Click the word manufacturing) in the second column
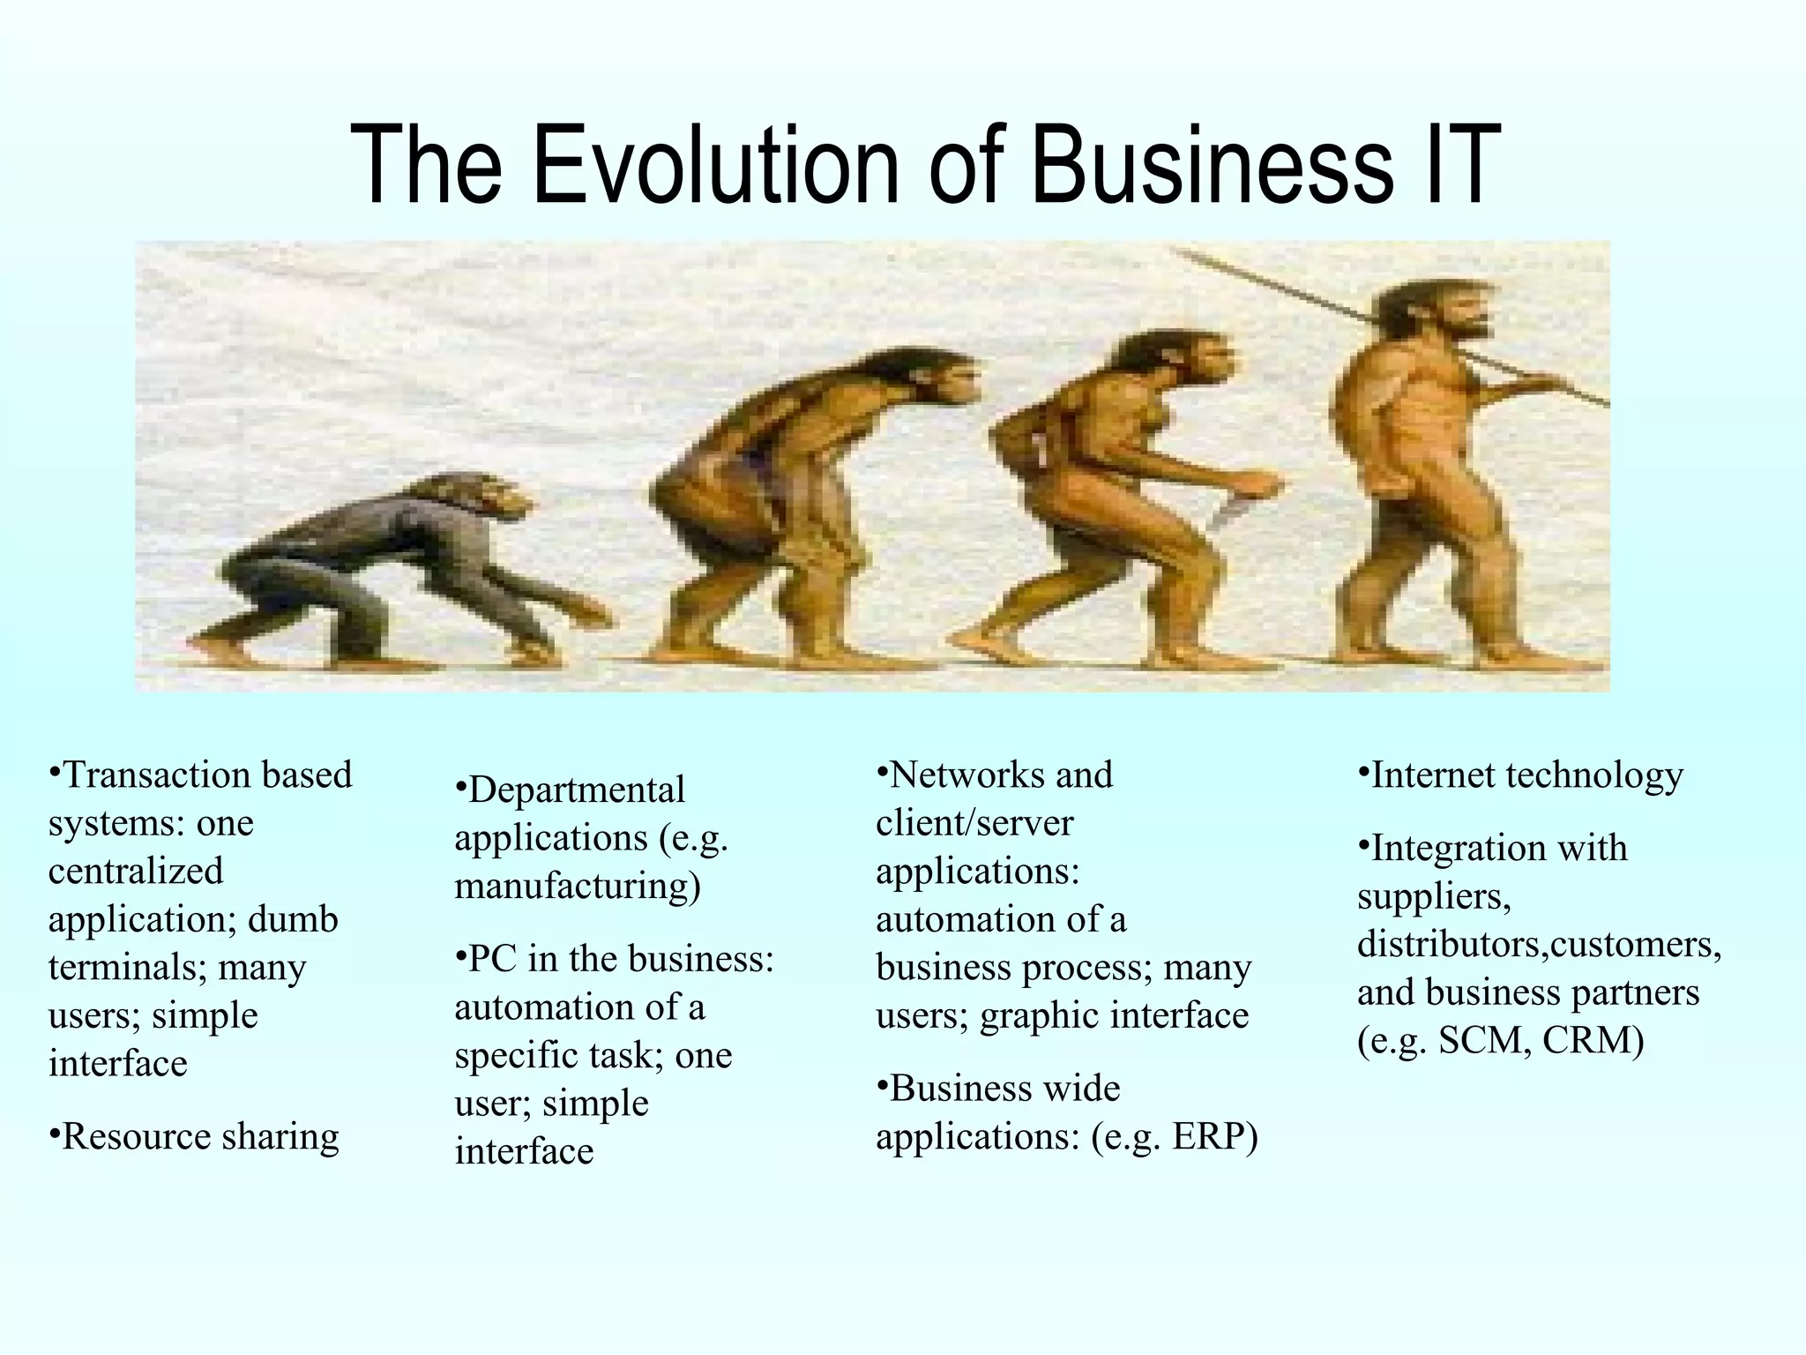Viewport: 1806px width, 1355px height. tap(578, 886)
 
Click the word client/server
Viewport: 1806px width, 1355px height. tap(974, 824)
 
